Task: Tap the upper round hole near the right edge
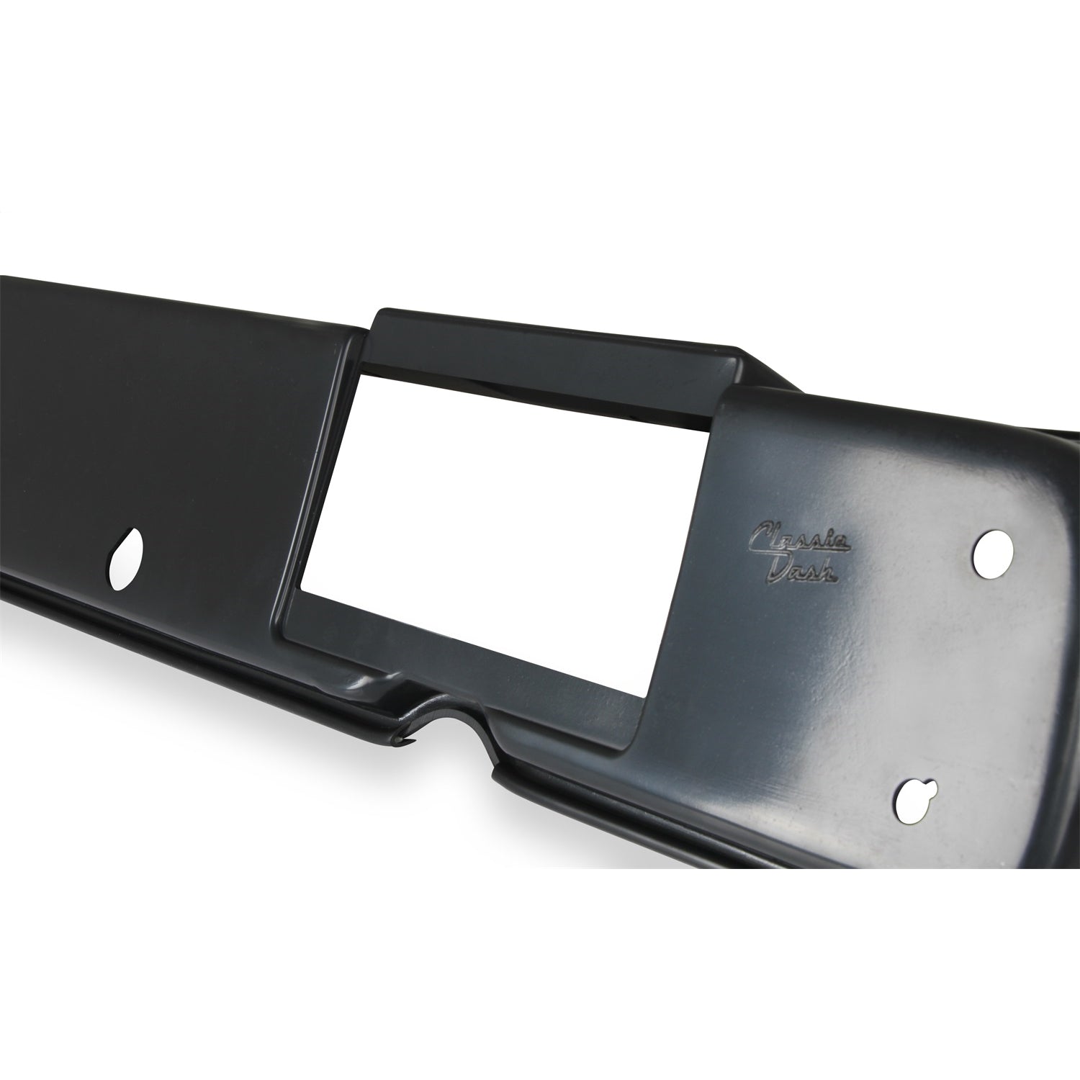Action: coord(994,554)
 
